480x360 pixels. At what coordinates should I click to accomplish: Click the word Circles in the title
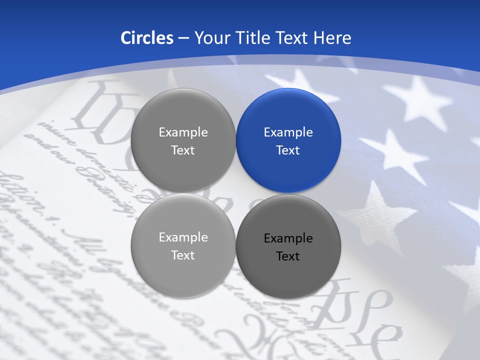coord(146,38)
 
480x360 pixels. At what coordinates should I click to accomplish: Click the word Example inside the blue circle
coord(288,132)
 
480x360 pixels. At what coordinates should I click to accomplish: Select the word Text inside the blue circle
coord(288,150)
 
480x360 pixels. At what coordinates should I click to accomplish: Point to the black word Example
coord(288,238)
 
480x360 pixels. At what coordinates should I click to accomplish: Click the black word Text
coord(288,256)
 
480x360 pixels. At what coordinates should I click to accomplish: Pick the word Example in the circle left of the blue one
coord(183,132)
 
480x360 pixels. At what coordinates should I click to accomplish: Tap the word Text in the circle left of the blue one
coord(183,150)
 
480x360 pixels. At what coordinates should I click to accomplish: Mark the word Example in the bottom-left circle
coord(183,237)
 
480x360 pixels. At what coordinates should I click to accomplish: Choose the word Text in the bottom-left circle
coord(183,255)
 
